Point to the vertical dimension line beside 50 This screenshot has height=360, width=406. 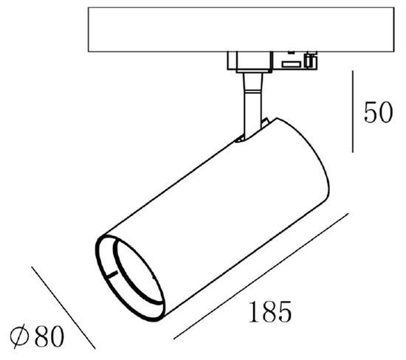coord(353,111)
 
